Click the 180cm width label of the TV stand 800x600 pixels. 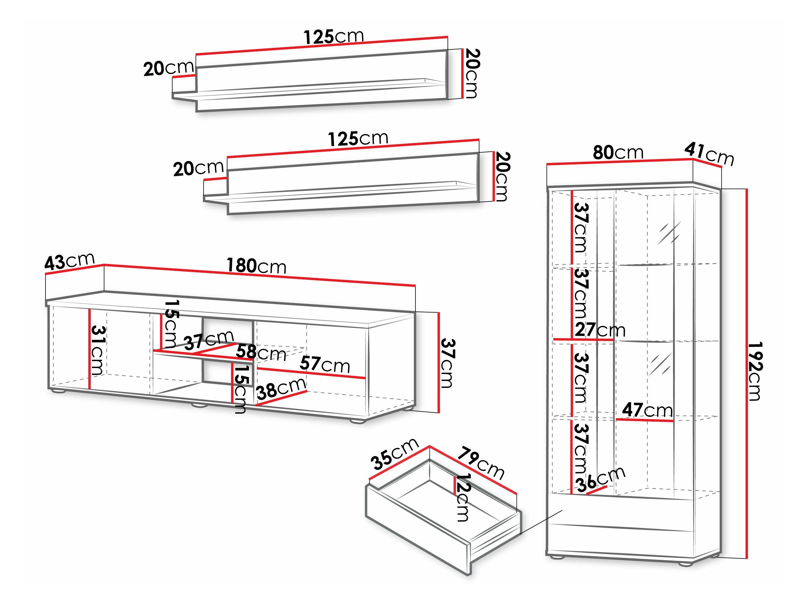click(256, 266)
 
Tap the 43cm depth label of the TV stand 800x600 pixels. click(69, 261)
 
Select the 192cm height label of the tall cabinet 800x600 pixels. click(755, 371)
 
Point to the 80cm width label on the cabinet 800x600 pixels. click(618, 152)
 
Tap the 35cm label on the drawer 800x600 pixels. click(395, 453)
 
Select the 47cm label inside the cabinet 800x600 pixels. click(647, 410)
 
